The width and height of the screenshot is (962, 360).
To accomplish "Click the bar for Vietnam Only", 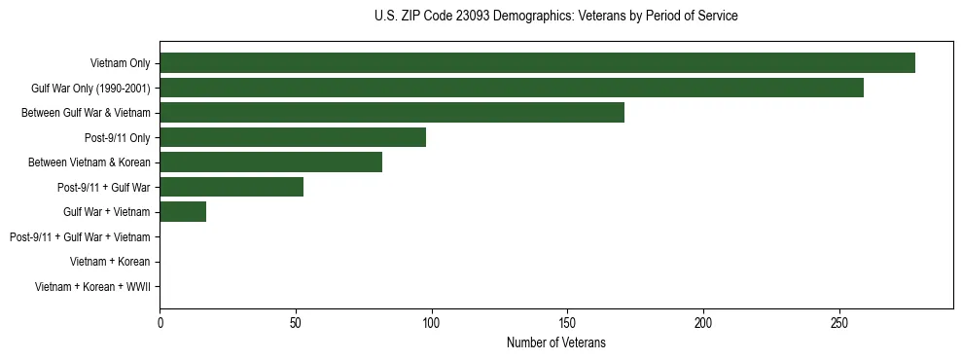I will click(537, 63).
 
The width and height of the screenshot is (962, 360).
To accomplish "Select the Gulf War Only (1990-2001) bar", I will click(512, 88).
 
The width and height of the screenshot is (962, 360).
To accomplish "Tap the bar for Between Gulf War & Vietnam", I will click(392, 113).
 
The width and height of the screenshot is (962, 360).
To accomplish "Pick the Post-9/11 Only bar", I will click(293, 137).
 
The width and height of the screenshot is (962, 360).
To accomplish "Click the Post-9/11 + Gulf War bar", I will click(232, 187).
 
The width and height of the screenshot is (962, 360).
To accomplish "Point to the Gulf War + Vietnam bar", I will click(183, 212).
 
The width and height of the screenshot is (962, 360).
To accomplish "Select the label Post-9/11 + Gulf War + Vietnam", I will click(80, 236).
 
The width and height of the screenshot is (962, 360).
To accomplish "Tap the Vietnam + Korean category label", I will click(110, 262).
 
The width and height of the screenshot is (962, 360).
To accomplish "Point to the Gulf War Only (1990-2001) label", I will click(90, 89).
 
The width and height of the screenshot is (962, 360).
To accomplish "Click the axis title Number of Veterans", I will click(555, 342).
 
